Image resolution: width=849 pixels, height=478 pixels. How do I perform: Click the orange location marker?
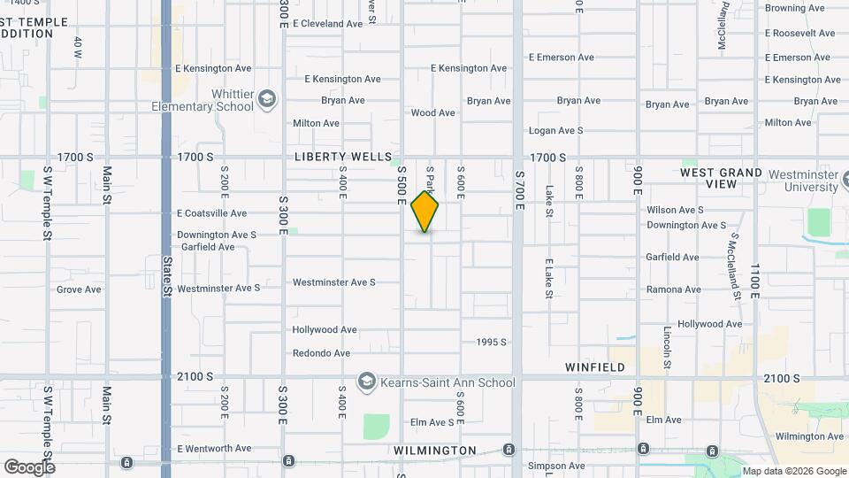[x=424, y=212]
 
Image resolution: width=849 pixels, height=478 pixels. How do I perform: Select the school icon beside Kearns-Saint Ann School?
[x=365, y=382]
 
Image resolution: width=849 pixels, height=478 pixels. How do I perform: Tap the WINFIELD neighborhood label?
[x=595, y=366]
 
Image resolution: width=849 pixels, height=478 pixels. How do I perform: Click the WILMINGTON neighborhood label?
[x=435, y=451]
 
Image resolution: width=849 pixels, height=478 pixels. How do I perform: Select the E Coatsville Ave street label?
[x=211, y=213]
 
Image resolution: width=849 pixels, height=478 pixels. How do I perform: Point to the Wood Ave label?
[x=433, y=113]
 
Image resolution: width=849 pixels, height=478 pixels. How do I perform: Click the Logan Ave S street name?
[x=555, y=130]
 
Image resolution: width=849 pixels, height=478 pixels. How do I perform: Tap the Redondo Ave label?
[x=322, y=353]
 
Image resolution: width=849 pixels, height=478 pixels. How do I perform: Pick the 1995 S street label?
[x=491, y=342]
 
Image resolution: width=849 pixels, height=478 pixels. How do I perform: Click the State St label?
[x=166, y=269]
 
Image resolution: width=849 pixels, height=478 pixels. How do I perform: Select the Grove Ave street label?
[x=79, y=289]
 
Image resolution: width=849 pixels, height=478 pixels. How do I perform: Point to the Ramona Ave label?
[x=673, y=289]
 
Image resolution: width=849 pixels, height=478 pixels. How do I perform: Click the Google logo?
[x=29, y=466]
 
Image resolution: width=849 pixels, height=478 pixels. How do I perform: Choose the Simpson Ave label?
[x=556, y=466]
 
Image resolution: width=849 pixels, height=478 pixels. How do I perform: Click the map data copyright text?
[x=793, y=471]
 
